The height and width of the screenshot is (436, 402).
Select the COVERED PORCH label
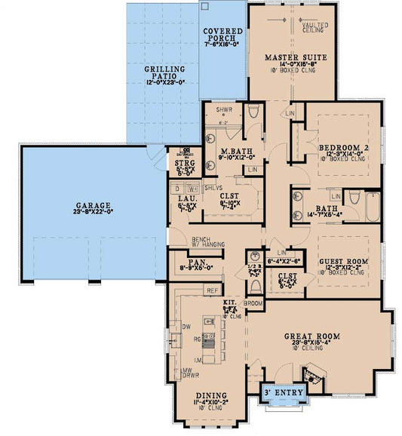pyautogui.click(x=222, y=34)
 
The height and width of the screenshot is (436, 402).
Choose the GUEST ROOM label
pyautogui.click(x=343, y=260)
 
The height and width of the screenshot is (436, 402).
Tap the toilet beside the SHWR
pyautogui.click(x=253, y=112)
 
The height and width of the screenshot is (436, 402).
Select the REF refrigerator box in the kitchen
pyautogui.click(x=213, y=290)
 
